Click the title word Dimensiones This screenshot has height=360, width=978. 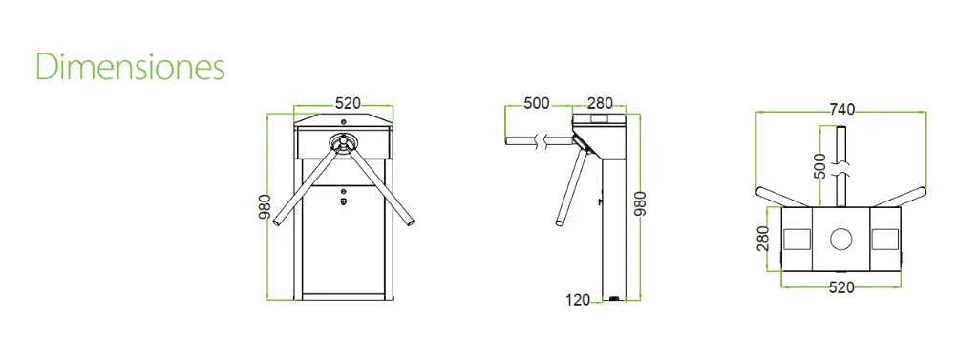(130, 67)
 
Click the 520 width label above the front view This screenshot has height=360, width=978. (347, 103)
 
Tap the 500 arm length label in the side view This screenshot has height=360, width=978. (537, 103)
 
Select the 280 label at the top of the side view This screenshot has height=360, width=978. (600, 103)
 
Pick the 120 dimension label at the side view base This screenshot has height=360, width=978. (578, 300)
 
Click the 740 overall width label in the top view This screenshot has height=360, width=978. (840, 109)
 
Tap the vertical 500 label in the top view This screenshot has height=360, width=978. (819, 163)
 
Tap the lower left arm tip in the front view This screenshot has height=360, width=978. (277, 224)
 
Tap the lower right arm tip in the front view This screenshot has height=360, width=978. (411, 224)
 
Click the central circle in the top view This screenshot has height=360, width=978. (840, 238)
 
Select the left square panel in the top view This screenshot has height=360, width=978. (796, 238)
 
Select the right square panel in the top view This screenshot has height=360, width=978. (886, 238)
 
